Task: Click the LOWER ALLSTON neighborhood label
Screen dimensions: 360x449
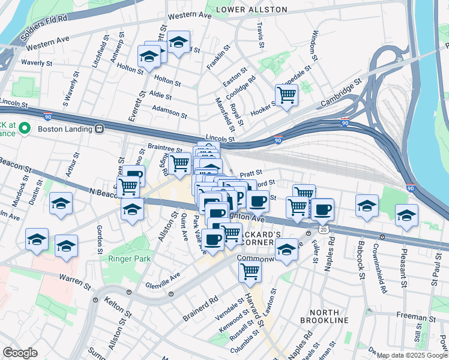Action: pos(252,10)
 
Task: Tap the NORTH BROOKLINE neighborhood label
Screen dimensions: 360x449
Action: pos(328,316)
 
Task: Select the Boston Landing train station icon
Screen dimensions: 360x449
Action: pos(99,128)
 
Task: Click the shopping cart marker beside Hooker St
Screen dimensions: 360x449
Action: pos(286,94)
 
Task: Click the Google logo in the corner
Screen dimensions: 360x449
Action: pos(20,353)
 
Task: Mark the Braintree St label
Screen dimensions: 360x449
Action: pos(164,148)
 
